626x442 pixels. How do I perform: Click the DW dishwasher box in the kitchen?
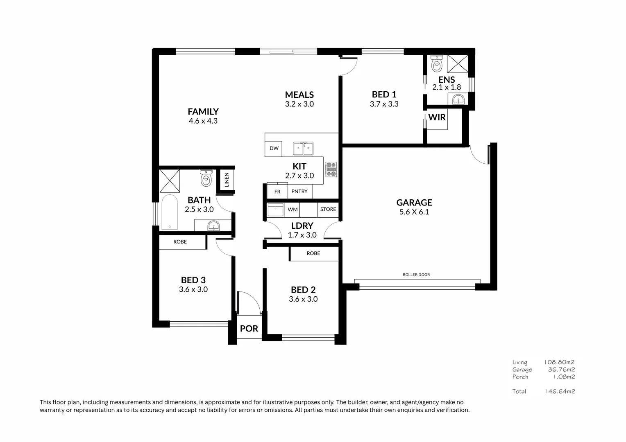[x=274, y=148]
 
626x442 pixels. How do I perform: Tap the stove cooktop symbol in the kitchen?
[x=331, y=169]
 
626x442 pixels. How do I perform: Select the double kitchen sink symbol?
[x=303, y=149]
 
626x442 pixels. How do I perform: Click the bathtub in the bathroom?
[x=170, y=212]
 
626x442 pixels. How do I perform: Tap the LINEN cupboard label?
[x=227, y=180]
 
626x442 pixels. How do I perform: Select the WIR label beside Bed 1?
[x=437, y=117]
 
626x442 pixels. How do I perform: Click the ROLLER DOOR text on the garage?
[x=416, y=275]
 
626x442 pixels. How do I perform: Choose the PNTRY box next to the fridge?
[x=299, y=192]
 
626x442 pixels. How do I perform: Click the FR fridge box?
[x=277, y=192]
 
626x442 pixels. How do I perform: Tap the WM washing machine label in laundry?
[x=293, y=210]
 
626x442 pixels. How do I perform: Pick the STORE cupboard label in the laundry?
[x=328, y=209]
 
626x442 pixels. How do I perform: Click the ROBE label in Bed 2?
[x=313, y=253]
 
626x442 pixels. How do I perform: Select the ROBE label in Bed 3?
[x=180, y=242]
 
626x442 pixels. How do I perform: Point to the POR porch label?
[x=249, y=329]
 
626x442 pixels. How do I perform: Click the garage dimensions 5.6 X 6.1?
[x=414, y=212]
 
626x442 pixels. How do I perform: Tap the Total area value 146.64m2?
[x=560, y=391]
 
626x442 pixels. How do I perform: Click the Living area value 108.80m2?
[x=559, y=362]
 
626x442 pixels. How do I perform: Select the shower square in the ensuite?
[x=458, y=64]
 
